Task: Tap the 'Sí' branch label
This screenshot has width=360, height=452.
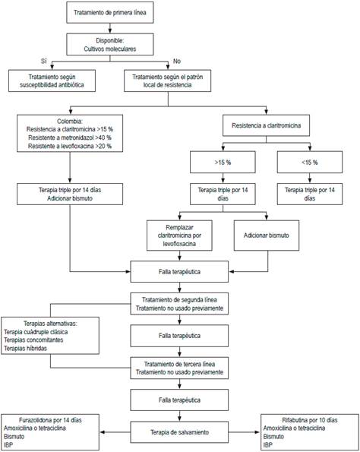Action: [43, 62]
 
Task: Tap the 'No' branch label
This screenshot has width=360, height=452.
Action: [177, 62]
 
